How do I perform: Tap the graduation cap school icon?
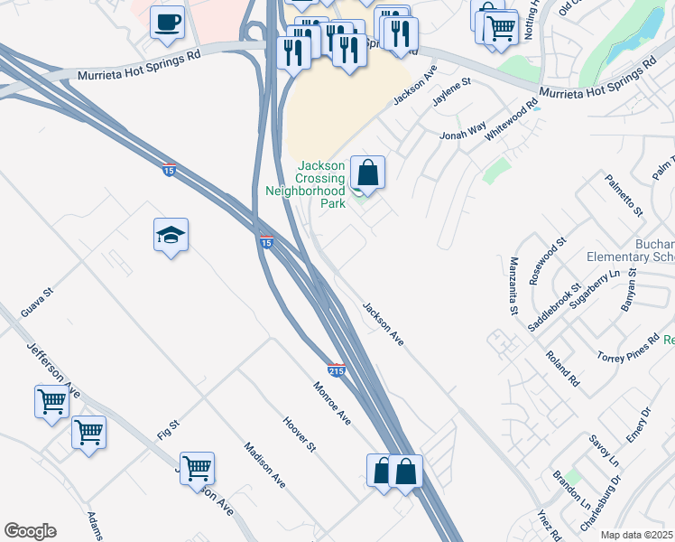pyautogui.click(x=171, y=237)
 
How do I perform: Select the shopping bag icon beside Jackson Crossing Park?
pyautogui.click(x=368, y=173)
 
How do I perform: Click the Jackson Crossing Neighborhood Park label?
pyautogui.click(x=322, y=184)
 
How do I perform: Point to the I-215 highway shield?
pyautogui.click(x=337, y=370)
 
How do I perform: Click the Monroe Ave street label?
pyautogui.click(x=331, y=404)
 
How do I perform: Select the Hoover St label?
pyautogui.click(x=300, y=435)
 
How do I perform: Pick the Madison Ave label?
pyautogui.click(x=264, y=465)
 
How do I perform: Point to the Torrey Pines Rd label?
pyautogui.click(x=628, y=348)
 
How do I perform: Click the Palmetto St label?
pyautogui.click(x=624, y=196)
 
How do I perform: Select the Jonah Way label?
pyautogui.click(x=463, y=130)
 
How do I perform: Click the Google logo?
pyautogui.click(x=30, y=531)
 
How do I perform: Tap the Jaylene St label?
pyautogui.click(x=452, y=92)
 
